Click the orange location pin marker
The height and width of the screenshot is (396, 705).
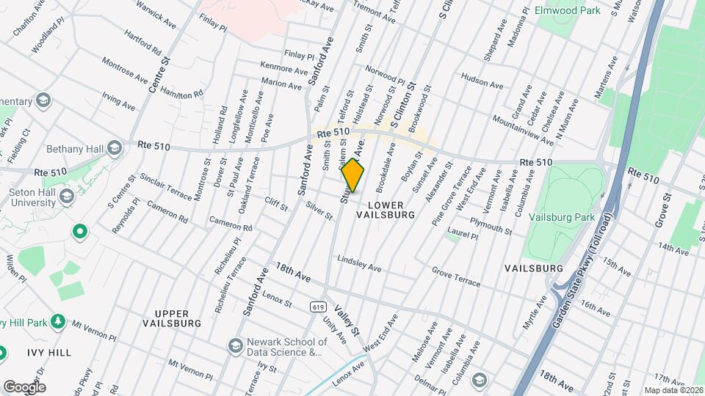352,175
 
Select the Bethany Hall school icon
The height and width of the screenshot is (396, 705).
113,148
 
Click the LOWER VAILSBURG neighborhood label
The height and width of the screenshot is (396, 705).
386,210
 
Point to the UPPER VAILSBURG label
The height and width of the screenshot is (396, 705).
171,318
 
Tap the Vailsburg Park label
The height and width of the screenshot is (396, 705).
570,218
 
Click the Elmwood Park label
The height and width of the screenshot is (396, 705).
589,11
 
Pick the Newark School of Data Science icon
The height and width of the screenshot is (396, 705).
236,345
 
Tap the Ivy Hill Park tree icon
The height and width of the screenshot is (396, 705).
58,323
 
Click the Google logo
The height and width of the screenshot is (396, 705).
24,386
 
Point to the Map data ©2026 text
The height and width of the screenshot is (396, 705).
673,390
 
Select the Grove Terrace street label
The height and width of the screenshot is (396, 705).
456,278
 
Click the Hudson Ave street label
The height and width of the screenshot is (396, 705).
482,80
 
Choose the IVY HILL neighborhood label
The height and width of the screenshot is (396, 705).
50,353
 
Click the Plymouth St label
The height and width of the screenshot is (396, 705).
491,225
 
